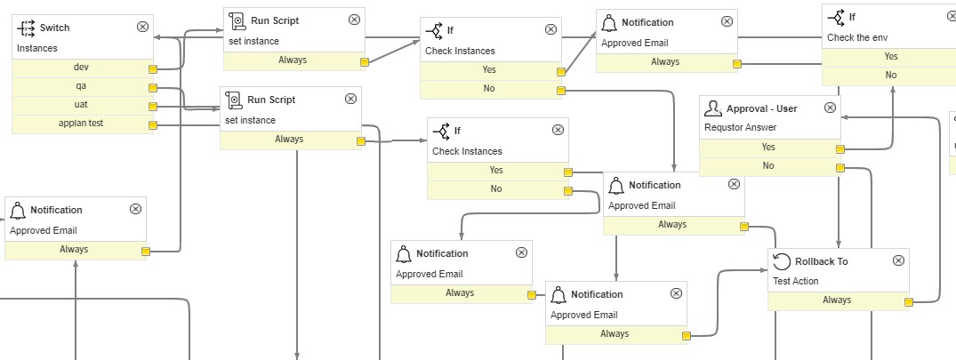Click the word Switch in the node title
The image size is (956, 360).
click(x=54, y=28)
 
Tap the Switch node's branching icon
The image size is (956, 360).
click(x=27, y=28)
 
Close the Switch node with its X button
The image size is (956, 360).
click(x=142, y=27)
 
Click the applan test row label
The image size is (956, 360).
click(x=85, y=124)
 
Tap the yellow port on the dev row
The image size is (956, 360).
click(x=152, y=68)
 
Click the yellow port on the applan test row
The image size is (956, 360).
click(x=152, y=125)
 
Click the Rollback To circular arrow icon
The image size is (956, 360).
click(x=782, y=261)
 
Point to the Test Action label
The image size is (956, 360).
click(x=795, y=281)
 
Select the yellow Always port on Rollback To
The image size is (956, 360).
click(x=908, y=301)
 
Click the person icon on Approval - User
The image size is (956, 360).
click(x=713, y=108)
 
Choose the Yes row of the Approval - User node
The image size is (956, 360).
click(x=768, y=148)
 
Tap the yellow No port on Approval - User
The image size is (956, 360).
click(x=840, y=167)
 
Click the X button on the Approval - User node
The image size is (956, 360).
click(x=830, y=108)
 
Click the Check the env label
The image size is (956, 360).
click(x=858, y=36)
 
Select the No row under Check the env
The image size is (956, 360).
click(x=890, y=76)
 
